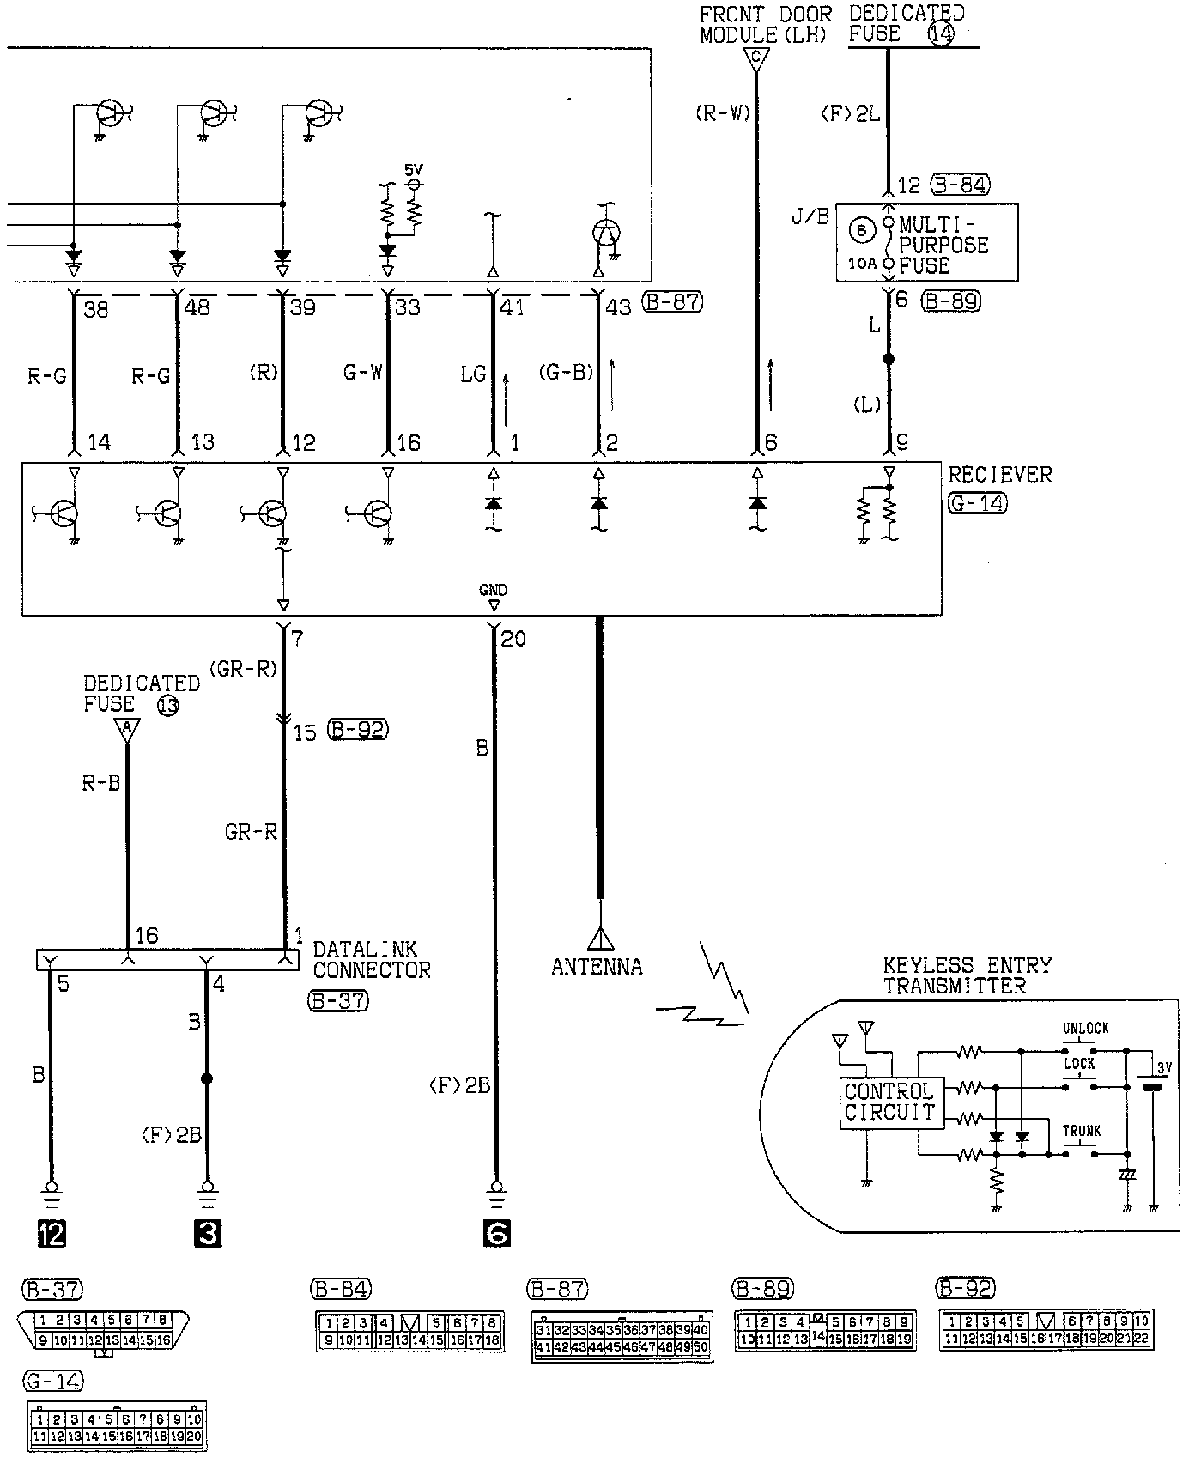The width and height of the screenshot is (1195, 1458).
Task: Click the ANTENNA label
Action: (597, 967)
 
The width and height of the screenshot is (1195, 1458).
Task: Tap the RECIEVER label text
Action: (1000, 475)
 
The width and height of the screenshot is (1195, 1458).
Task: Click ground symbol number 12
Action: (52, 1233)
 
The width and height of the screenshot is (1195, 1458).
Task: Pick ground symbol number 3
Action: (208, 1233)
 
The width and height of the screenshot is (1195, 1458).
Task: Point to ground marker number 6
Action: (496, 1233)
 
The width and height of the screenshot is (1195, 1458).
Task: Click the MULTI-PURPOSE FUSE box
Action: (927, 243)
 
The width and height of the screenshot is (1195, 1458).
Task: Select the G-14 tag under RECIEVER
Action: (978, 503)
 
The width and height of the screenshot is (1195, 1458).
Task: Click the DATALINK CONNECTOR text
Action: (371, 960)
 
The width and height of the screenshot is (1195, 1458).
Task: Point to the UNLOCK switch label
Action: (1085, 1028)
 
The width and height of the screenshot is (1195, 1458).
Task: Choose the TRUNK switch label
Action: (1082, 1131)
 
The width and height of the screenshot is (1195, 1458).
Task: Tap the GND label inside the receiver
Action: (494, 590)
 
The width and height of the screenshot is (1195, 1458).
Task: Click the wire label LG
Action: (473, 374)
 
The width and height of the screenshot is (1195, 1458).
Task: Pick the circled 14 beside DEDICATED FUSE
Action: (941, 35)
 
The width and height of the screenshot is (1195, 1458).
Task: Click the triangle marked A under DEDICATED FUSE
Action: (127, 730)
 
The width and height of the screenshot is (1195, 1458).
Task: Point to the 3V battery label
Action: (1163, 1067)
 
